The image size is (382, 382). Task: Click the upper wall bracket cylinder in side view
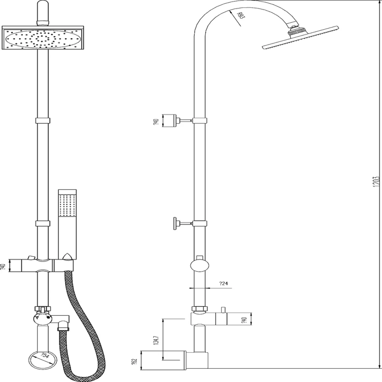coord(170,120)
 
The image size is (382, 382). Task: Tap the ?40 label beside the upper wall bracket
coord(155,121)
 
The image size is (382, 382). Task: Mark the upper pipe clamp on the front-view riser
coord(42,120)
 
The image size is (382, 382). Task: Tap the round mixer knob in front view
coord(41,318)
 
